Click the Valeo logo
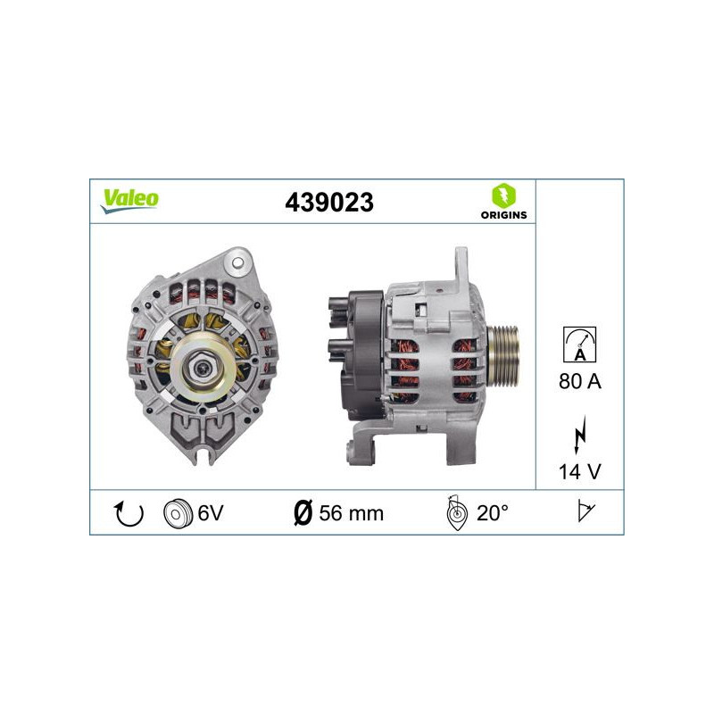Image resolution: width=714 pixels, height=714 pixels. coord(129,199)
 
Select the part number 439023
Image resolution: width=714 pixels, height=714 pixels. coord(328,203)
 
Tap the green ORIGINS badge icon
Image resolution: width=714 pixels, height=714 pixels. coord(502,195)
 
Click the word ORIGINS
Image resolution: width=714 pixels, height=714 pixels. coord(502,215)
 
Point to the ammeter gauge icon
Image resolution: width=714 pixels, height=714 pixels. coord(581,343)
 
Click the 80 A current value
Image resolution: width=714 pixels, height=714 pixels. coord(581,382)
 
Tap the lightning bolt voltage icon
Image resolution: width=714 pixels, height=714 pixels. coord(581,436)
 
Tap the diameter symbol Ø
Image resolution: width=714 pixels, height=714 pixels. coord(303,513)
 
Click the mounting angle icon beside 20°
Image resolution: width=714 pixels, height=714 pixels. coord(455,513)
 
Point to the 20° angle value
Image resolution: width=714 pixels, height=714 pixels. coord(493,513)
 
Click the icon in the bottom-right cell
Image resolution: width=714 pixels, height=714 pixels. coord(585,513)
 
